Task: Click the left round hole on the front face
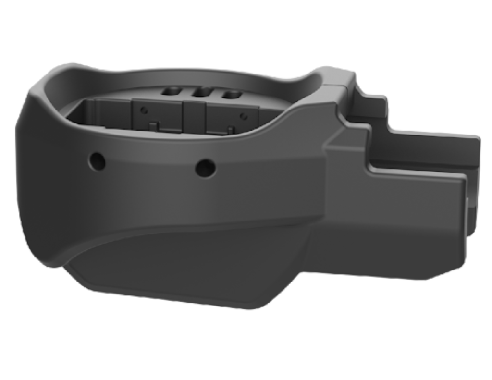[x=97, y=161]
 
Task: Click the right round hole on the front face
[x=205, y=168]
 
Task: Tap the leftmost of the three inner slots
[x=171, y=90]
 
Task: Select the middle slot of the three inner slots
[x=202, y=91]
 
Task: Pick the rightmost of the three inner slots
[x=232, y=94]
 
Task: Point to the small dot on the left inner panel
[x=143, y=110]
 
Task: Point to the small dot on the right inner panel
[x=244, y=116]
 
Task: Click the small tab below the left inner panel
[x=154, y=126]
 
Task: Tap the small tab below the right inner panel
[x=230, y=129]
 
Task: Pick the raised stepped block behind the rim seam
[x=368, y=103]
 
